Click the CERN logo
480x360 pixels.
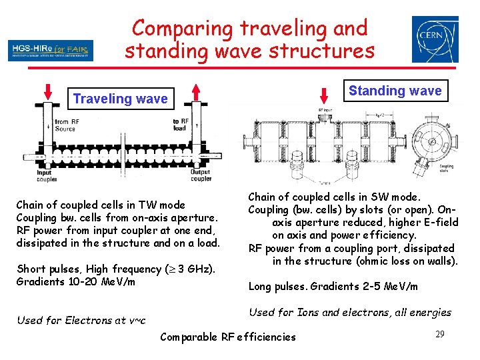click(435, 39)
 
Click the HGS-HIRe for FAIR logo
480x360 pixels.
click(51, 50)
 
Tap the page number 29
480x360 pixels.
click(439, 333)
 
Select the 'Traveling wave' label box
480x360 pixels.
click(120, 99)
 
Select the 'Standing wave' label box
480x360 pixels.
click(395, 91)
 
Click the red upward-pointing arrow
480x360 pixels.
click(195, 92)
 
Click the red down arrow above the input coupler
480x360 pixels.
click(47, 91)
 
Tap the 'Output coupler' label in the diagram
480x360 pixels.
click(201, 175)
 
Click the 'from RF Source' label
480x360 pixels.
click(65, 125)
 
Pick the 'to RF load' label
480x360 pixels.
click(180, 125)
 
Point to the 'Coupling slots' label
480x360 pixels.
click(446, 169)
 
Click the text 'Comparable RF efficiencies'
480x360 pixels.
click(227, 337)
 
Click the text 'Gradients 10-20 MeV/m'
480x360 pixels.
click(75, 282)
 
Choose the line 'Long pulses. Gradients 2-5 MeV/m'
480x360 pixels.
click(333, 287)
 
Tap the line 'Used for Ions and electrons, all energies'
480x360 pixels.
click(349, 312)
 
